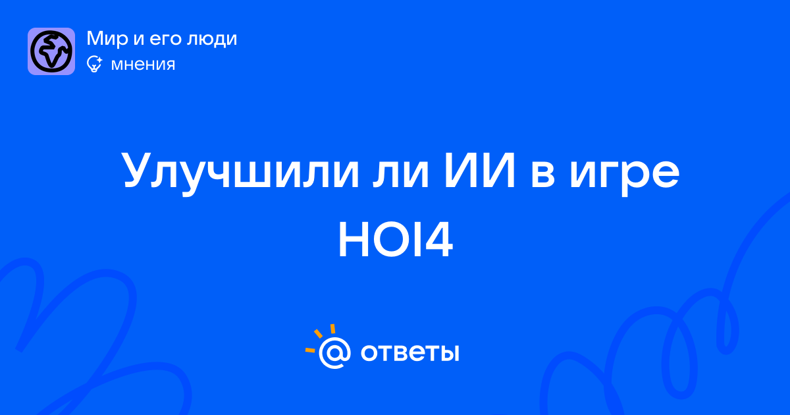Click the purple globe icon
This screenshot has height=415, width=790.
click(x=51, y=51)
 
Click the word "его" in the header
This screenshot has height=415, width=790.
click(x=166, y=40)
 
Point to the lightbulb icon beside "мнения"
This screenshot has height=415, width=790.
click(x=94, y=64)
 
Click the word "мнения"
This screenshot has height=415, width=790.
click(x=144, y=65)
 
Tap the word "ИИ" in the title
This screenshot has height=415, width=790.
click(x=480, y=170)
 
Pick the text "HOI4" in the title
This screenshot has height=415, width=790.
click(x=396, y=240)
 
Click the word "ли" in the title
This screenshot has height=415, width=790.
click(x=401, y=174)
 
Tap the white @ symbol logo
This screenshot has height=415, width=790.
click(x=334, y=352)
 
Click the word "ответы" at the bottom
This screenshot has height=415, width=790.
click(x=409, y=352)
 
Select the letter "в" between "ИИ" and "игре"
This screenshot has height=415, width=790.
click(x=542, y=174)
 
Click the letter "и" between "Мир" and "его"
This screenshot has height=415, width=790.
click(x=139, y=40)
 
